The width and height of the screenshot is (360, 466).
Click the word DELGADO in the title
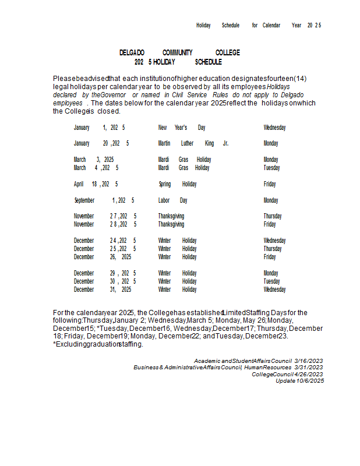(132, 53)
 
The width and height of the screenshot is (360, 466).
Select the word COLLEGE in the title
(227, 53)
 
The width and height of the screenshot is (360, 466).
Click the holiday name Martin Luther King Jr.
(193, 143)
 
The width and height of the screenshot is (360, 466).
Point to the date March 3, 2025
(94, 160)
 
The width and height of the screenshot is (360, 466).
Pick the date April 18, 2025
(96, 184)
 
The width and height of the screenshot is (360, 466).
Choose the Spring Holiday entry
(178, 184)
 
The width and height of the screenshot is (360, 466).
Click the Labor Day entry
(173, 200)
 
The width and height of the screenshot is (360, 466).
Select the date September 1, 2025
(105, 200)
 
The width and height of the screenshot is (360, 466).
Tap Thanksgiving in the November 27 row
(171, 216)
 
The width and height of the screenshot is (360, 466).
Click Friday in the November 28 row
(270, 224)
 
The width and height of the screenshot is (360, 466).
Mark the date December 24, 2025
(105, 241)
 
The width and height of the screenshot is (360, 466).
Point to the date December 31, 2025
(103, 290)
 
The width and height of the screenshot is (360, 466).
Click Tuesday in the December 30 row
(271, 281)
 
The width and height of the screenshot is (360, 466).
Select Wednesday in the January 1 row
(274, 128)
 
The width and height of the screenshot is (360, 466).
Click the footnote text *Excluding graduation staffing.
(98, 344)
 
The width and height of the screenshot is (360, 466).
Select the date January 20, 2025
(101, 143)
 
